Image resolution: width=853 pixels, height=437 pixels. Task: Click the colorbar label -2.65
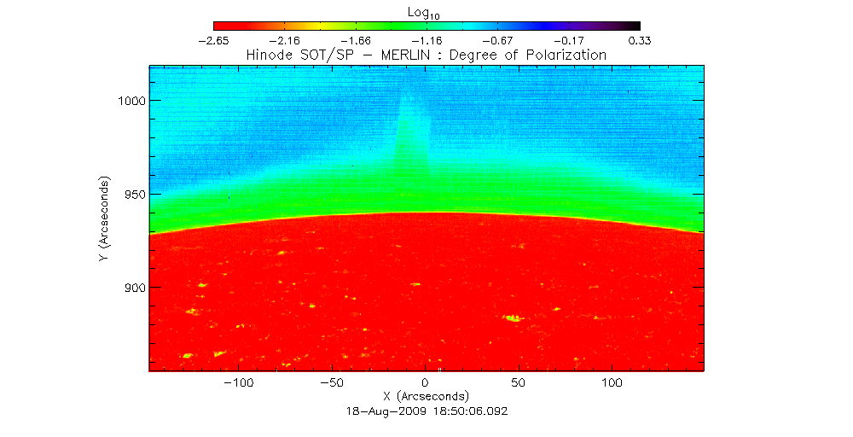click(x=213, y=40)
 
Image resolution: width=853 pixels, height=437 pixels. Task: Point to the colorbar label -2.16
click(x=284, y=40)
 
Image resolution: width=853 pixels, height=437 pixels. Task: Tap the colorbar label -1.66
click(x=355, y=40)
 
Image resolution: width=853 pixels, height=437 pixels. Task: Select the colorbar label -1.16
click(x=426, y=40)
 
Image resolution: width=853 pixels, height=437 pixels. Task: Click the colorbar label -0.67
click(x=497, y=40)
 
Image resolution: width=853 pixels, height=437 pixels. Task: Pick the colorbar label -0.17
click(x=569, y=40)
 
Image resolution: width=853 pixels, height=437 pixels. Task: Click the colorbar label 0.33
click(x=640, y=40)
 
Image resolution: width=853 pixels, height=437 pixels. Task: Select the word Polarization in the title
click(x=566, y=55)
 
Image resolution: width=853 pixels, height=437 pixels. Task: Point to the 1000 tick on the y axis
click(x=131, y=101)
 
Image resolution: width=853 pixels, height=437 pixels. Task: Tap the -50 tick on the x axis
click(x=332, y=381)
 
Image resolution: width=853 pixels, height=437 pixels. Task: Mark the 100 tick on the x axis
click(x=612, y=381)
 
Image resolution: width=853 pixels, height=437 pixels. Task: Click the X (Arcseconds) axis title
click(x=426, y=396)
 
